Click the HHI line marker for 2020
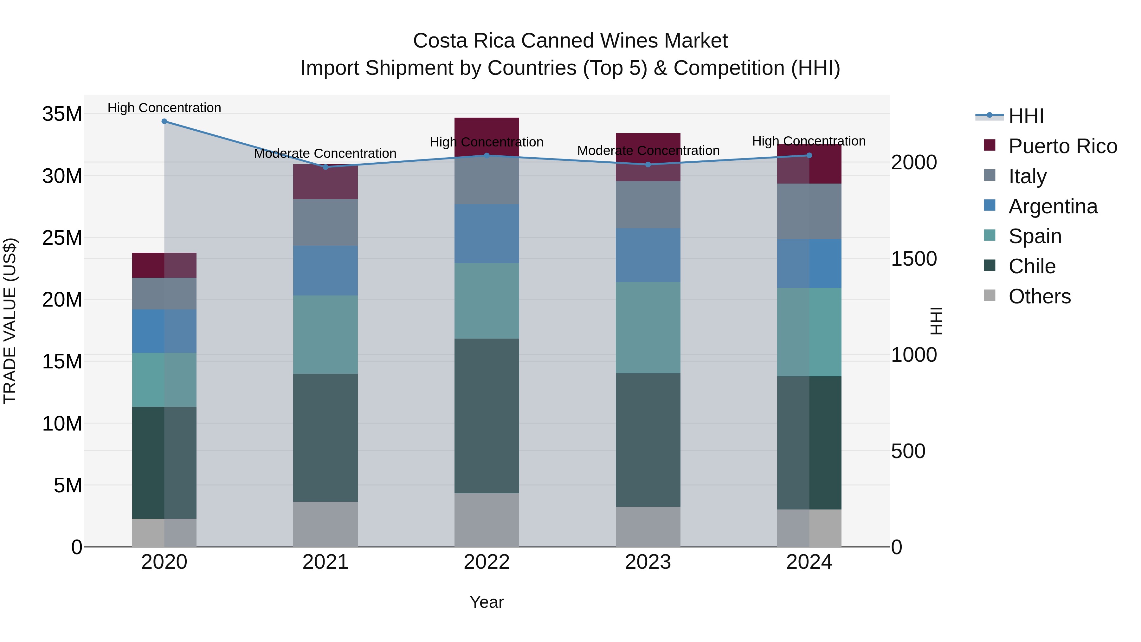[164, 121]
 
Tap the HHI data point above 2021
[326, 167]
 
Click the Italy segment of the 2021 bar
[326, 223]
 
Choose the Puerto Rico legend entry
[1062, 146]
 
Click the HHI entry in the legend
[1026, 116]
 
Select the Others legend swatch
[990, 295]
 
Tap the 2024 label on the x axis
[809, 562]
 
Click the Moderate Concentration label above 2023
[648, 151]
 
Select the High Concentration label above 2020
[164, 108]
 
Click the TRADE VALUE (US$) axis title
[10, 321]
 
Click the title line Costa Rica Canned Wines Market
[570, 41]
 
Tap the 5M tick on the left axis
[68, 486]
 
